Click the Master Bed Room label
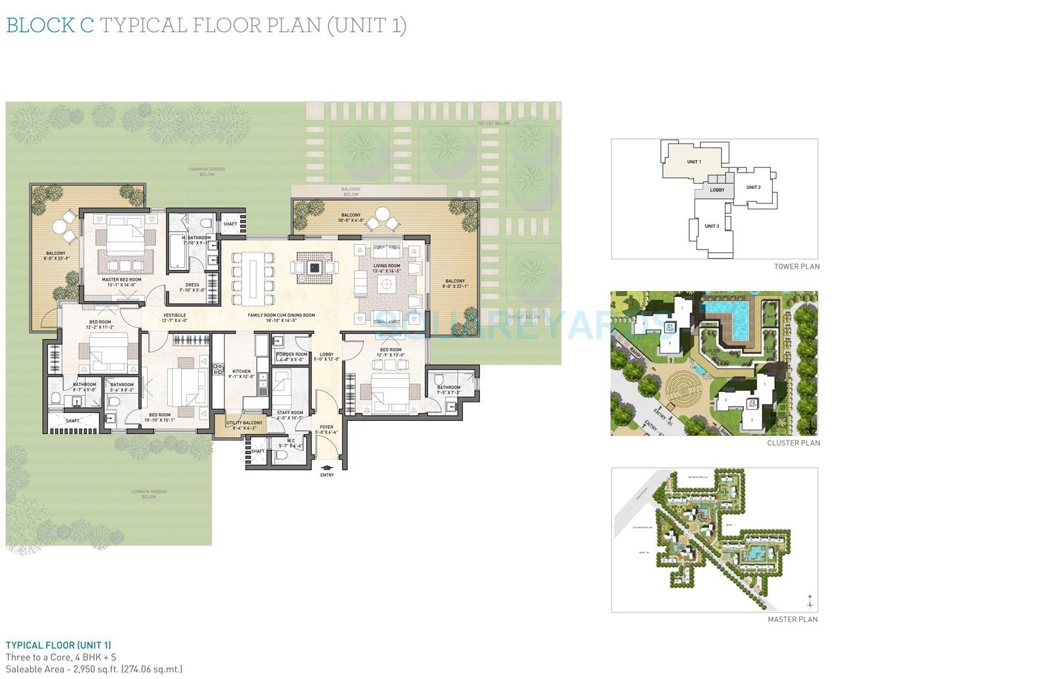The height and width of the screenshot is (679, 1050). (122, 280)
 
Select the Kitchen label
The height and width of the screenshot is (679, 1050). (241, 371)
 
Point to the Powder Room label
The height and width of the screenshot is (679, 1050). (292, 354)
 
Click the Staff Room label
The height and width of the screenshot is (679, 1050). (290, 413)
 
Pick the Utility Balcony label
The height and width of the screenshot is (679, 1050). (244, 423)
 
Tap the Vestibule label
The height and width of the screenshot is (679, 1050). (174, 315)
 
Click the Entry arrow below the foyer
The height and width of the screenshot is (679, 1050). (327, 467)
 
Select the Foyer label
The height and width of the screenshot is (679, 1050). (327, 427)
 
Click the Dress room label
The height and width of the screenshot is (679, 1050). (192, 285)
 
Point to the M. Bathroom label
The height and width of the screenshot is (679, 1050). (196, 238)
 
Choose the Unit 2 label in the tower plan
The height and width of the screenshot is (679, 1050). (753, 188)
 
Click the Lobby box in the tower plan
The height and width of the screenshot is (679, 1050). (717, 190)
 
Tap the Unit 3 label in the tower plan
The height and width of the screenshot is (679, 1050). (712, 226)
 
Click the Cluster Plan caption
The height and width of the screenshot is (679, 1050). (793, 443)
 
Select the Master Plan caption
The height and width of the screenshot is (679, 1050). (793, 620)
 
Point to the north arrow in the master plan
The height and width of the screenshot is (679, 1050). (810, 601)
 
